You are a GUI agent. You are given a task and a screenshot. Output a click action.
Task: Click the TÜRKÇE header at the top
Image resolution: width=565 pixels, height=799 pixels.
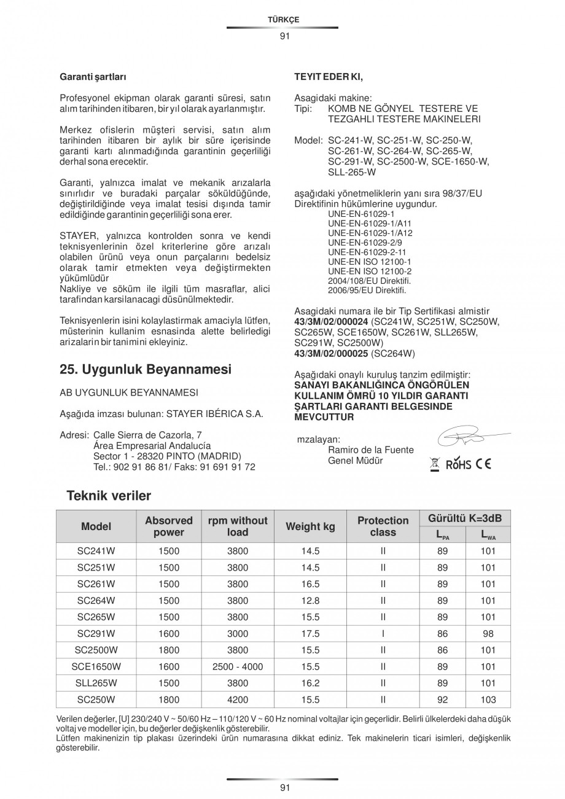click(283, 20)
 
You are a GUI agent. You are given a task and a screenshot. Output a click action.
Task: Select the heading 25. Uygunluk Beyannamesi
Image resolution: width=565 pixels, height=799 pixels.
click(146, 370)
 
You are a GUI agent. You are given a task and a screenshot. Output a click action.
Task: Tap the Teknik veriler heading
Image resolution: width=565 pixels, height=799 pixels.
click(109, 496)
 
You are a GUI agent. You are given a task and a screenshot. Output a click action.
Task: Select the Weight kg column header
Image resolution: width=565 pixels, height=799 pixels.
click(310, 526)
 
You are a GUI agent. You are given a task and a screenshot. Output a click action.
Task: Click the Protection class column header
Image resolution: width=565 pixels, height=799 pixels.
click(383, 526)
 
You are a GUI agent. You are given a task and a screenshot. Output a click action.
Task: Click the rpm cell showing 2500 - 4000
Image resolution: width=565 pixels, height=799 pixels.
click(238, 666)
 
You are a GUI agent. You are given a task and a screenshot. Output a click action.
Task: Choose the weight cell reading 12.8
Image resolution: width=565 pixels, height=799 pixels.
click(311, 601)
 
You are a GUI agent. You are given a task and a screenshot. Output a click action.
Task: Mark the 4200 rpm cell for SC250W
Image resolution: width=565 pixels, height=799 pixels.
click(238, 699)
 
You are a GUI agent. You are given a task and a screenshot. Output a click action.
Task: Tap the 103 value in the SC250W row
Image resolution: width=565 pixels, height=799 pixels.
click(488, 699)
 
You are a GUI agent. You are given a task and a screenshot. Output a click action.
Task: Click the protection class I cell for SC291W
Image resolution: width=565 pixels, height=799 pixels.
click(383, 634)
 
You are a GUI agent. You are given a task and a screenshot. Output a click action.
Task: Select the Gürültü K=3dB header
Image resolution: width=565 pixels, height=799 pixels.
click(465, 519)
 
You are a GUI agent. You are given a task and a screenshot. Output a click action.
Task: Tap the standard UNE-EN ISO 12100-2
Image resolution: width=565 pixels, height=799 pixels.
click(361, 271)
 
